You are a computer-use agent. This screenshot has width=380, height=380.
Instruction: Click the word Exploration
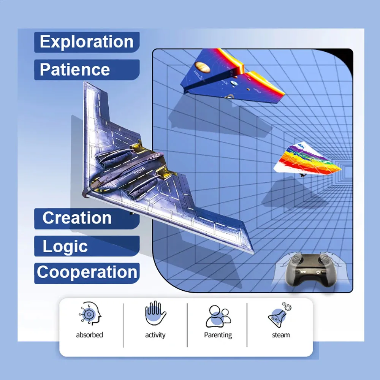(87, 42)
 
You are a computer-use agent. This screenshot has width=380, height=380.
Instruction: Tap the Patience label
(75, 70)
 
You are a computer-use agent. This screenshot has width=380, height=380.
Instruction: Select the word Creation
(77, 218)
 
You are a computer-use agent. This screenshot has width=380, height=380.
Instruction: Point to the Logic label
(65, 246)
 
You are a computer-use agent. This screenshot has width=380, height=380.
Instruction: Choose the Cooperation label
(87, 272)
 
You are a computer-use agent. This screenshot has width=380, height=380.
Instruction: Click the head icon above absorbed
(90, 313)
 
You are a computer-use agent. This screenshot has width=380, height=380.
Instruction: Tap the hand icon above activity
(155, 313)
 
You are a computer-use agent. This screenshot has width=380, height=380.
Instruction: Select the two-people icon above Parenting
(218, 316)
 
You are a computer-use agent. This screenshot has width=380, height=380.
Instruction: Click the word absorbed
(89, 335)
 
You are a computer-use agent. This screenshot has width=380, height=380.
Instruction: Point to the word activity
(155, 335)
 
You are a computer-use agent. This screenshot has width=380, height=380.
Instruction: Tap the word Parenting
(218, 335)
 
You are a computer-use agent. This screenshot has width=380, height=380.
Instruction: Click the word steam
(281, 335)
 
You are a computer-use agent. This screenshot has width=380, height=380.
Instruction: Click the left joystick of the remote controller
(296, 259)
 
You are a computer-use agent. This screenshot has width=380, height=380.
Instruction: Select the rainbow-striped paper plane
(307, 160)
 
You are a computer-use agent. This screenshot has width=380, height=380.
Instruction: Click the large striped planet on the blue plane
(203, 67)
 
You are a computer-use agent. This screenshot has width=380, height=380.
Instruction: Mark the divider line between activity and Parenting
(187, 325)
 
